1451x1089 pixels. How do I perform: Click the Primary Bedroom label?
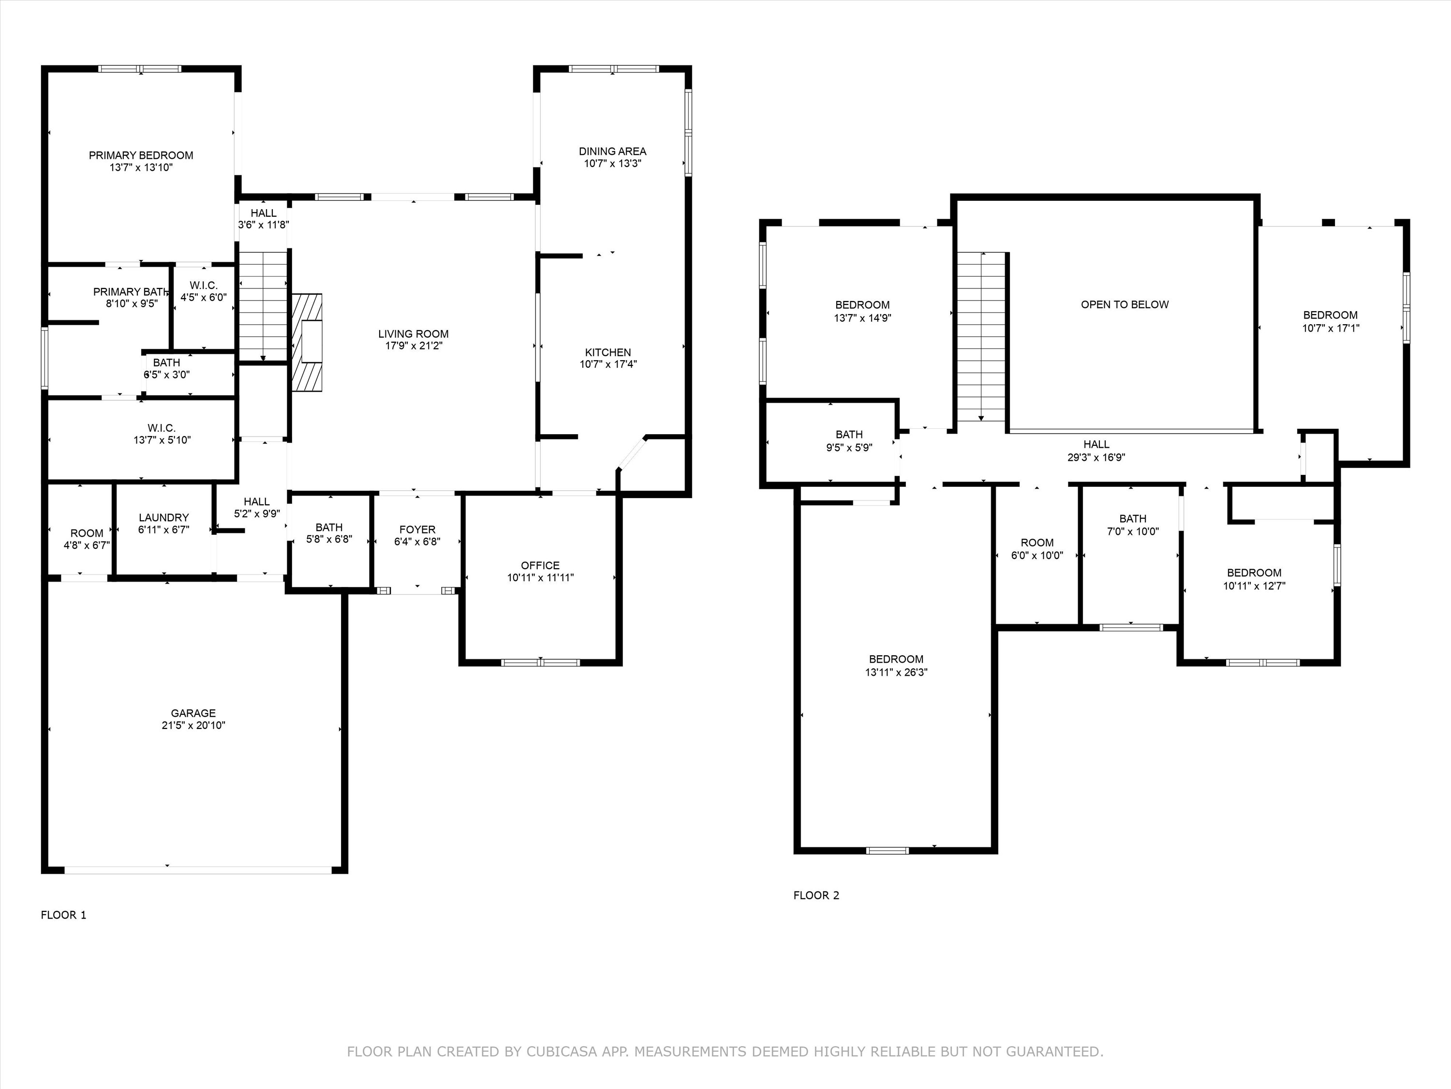tap(141, 155)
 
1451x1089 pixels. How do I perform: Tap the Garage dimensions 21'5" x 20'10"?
tap(193, 726)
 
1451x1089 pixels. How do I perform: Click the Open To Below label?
tap(1125, 304)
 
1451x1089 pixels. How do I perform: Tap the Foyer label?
tap(417, 529)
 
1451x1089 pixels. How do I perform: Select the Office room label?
tap(540, 565)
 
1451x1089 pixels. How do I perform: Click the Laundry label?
tap(163, 518)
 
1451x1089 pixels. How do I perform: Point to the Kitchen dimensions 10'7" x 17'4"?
tap(608, 364)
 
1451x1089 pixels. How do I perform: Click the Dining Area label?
tap(612, 151)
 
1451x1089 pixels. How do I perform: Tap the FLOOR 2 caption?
tap(816, 895)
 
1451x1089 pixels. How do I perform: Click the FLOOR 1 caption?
tap(64, 915)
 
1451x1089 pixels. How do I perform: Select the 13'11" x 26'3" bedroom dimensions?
tap(896, 672)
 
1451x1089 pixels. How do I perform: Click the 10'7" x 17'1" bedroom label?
tap(1330, 315)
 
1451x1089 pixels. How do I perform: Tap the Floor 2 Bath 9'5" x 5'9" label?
tap(849, 435)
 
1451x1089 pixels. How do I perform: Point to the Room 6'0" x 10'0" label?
tap(1036, 543)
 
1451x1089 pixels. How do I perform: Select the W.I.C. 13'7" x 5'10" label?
tap(162, 428)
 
